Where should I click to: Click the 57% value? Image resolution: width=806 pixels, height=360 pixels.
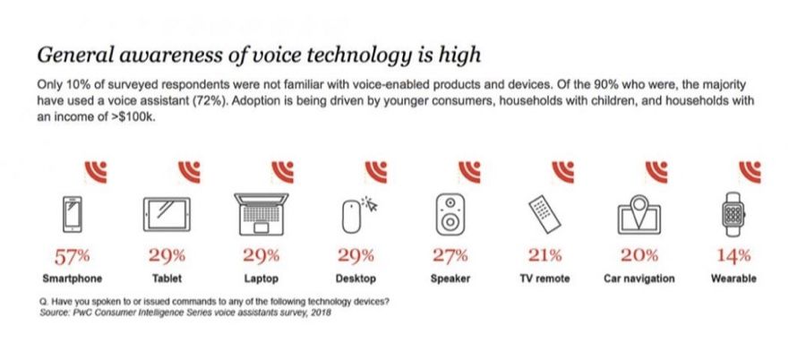tap(74, 256)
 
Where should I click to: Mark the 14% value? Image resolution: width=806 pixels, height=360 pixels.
tap(733, 256)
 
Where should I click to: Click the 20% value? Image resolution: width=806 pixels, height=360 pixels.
tap(639, 256)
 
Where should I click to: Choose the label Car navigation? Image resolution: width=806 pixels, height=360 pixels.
tap(639, 279)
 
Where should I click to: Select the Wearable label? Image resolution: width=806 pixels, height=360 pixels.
tap(733, 279)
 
